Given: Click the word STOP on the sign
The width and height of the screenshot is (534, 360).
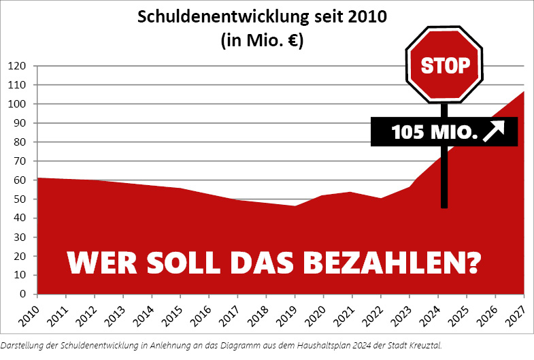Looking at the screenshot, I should pos(445,65).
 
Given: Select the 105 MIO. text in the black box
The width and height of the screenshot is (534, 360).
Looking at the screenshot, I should pos(434,131).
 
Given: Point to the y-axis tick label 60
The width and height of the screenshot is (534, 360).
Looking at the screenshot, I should pos(19,180).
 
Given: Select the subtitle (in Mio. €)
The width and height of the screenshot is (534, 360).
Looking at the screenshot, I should pos(262,39).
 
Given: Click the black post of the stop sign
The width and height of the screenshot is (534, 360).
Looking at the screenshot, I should pos(444,177).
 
